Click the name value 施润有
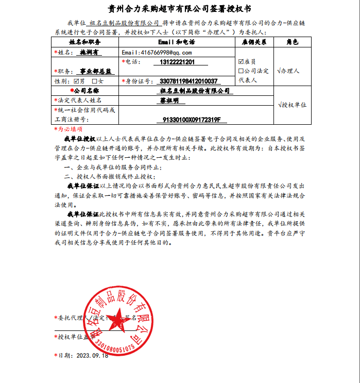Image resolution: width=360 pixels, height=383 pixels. pos(89,53)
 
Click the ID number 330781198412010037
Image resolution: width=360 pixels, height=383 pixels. pos(189,81)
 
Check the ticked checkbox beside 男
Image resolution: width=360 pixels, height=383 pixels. pos(77,81)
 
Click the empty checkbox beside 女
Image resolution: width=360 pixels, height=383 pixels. pos(94,81)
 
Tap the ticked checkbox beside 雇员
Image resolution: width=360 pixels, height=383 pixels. pos(241,61)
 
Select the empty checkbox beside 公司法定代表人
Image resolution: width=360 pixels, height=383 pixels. pos(241,71)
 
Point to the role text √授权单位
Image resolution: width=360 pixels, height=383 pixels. pos(292,105)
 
